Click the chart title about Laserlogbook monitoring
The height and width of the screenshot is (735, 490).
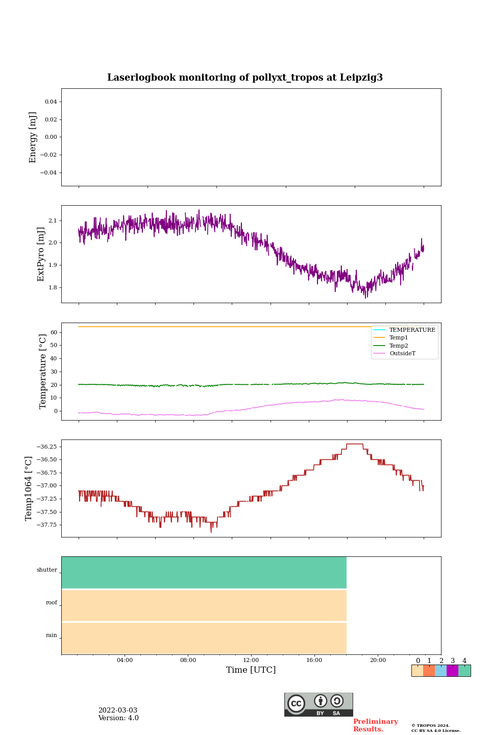click(x=245, y=78)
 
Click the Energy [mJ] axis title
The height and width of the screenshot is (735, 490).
click(x=33, y=137)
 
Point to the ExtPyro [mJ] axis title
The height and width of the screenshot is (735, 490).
click(x=41, y=254)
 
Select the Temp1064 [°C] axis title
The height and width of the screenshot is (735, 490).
click(x=29, y=488)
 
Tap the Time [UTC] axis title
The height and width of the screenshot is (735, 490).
click(x=251, y=670)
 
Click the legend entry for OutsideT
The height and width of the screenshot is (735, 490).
click(x=402, y=354)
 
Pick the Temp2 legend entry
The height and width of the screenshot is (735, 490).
click(x=399, y=346)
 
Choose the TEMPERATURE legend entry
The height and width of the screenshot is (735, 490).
click(x=412, y=330)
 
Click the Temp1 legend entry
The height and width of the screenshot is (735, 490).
click(x=399, y=338)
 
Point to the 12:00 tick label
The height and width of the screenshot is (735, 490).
click(x=251, y=660)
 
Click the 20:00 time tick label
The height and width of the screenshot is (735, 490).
click(x=378, y=660)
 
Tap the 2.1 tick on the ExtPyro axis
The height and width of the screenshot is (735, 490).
click(x=53, y=220)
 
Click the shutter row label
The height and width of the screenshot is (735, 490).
click(x=47, y=570)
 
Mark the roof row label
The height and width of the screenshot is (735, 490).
click(x=52, y=603)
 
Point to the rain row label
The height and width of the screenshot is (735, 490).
click(x=52, y=635)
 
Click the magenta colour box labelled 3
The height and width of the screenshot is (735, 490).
click(x=452, y=671)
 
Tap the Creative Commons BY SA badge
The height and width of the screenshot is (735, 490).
click(x=318, y=704)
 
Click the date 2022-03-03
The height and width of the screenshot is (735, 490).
click(x=117, y=710)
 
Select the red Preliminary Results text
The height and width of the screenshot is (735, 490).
click(x=375, y=725)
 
